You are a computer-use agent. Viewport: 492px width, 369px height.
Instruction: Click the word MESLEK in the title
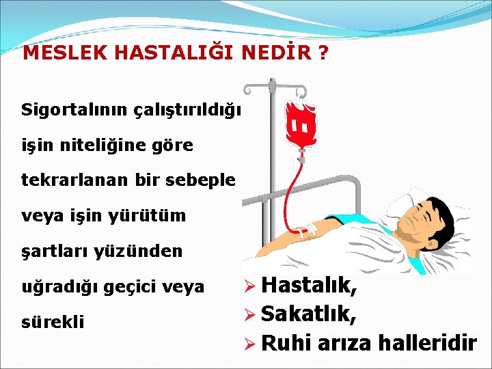(x=55, y=54)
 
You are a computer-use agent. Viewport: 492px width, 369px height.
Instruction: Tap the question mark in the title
(x=322, y=54)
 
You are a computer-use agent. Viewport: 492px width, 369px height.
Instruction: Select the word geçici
(x=129, y=287)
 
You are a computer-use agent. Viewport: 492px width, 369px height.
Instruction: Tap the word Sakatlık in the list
(x=307, y=314)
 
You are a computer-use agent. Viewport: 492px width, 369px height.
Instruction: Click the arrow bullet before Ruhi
(x=250, y=343)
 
